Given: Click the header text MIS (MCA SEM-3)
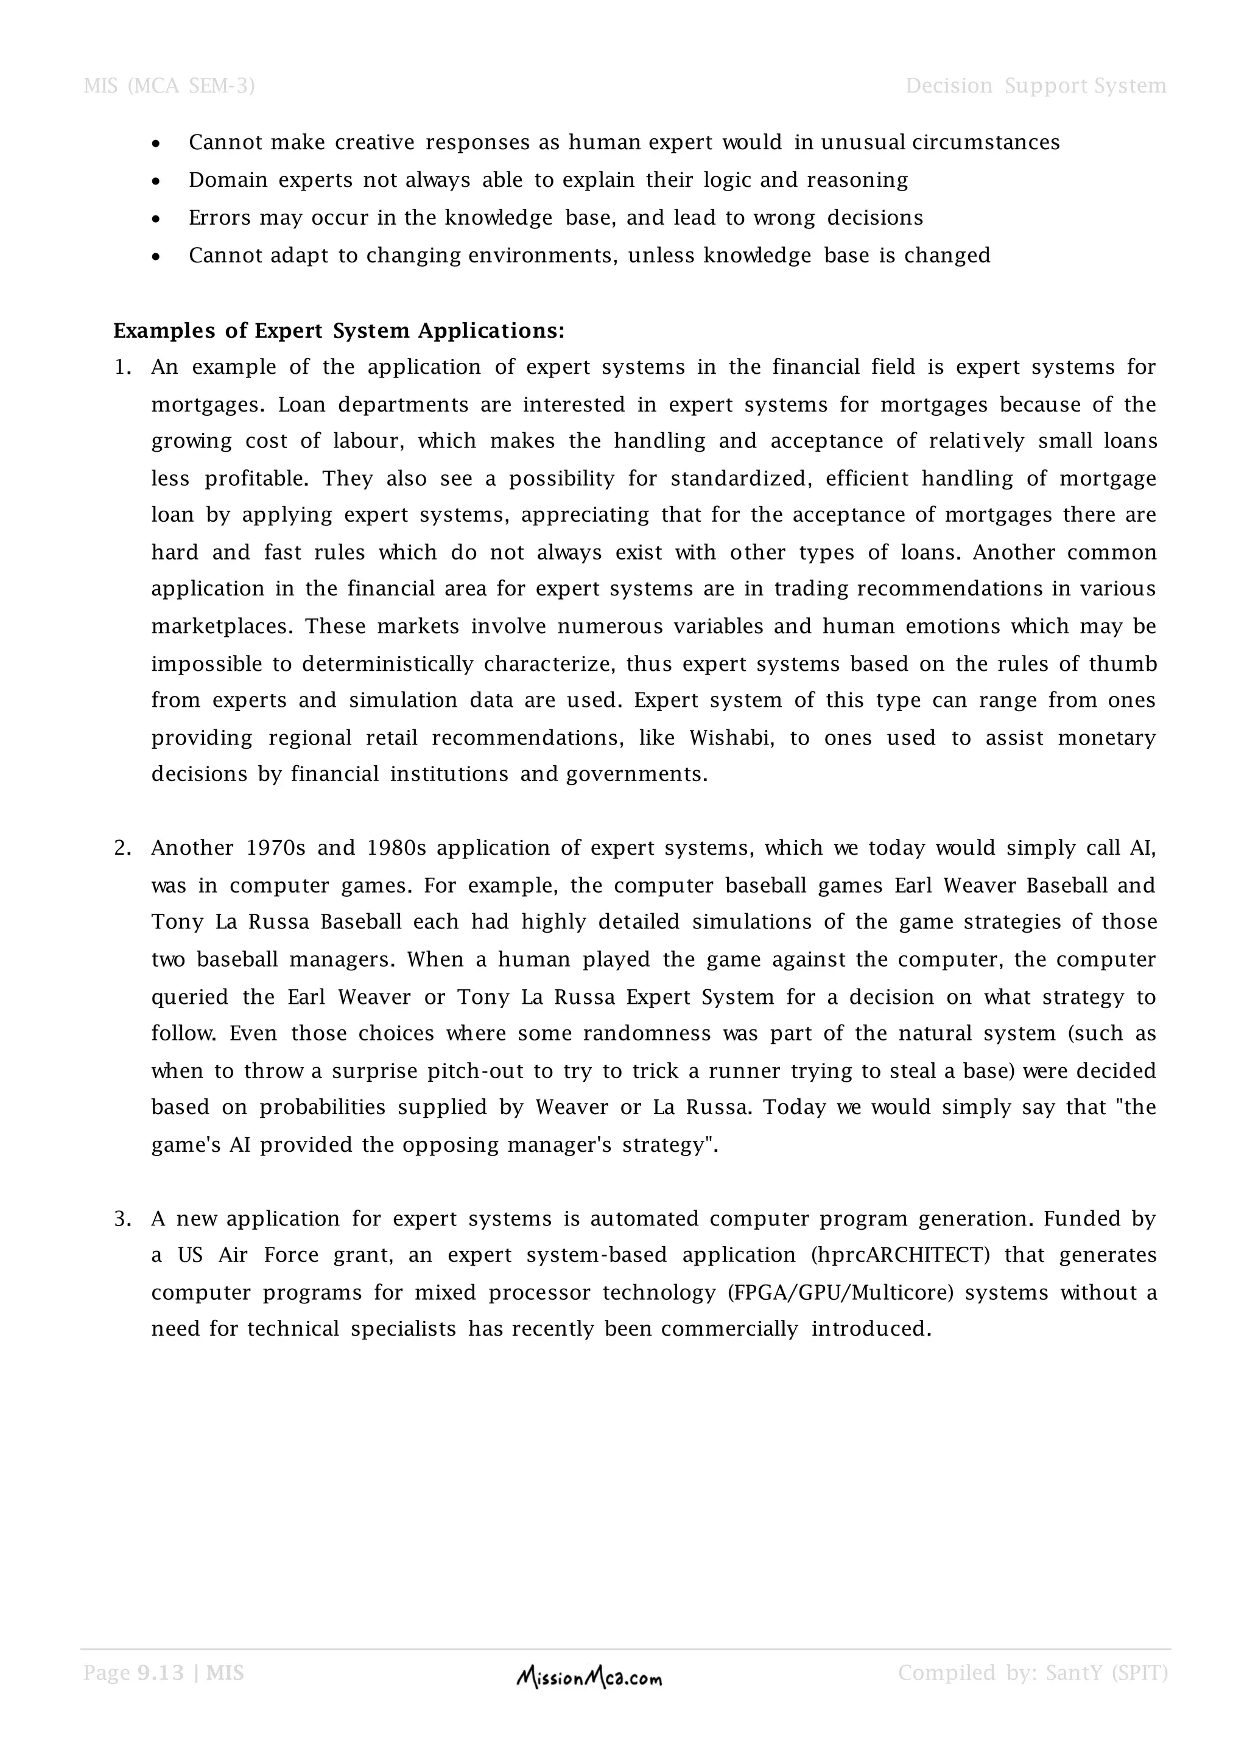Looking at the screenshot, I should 169,85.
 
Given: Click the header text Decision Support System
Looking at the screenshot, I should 1035,85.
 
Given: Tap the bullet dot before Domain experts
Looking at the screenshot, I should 156,181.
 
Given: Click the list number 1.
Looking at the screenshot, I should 122,367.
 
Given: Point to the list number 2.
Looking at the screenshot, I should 122,848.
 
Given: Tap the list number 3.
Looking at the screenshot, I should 122,1219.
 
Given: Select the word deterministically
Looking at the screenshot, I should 388,664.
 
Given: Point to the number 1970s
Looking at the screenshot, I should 276,848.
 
